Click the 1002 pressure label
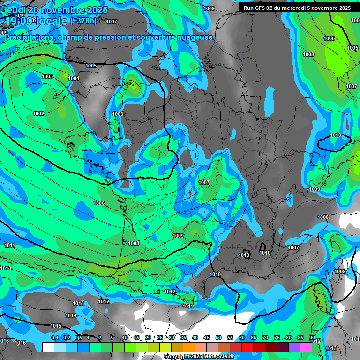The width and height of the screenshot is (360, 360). click(x=38, y=114)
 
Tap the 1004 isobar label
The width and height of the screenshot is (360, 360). click(x=74, y=78)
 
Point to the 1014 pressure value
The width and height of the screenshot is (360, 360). click(x=71, y=315)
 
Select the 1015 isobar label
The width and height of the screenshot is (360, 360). click(x=56, y=326)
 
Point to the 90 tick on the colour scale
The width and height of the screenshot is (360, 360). click(x=312, y=338)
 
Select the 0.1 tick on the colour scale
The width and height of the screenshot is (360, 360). click(x=54, y=338)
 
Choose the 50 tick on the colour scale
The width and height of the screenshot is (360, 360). click(x=218, y=338)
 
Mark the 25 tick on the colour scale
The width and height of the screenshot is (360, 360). click(x=160, y=338)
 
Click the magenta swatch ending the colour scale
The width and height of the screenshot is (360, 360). click(x=306, y=347)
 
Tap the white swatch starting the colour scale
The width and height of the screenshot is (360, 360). click(x=48, y=347)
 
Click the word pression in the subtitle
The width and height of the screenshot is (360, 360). click(x=110, y=37)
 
